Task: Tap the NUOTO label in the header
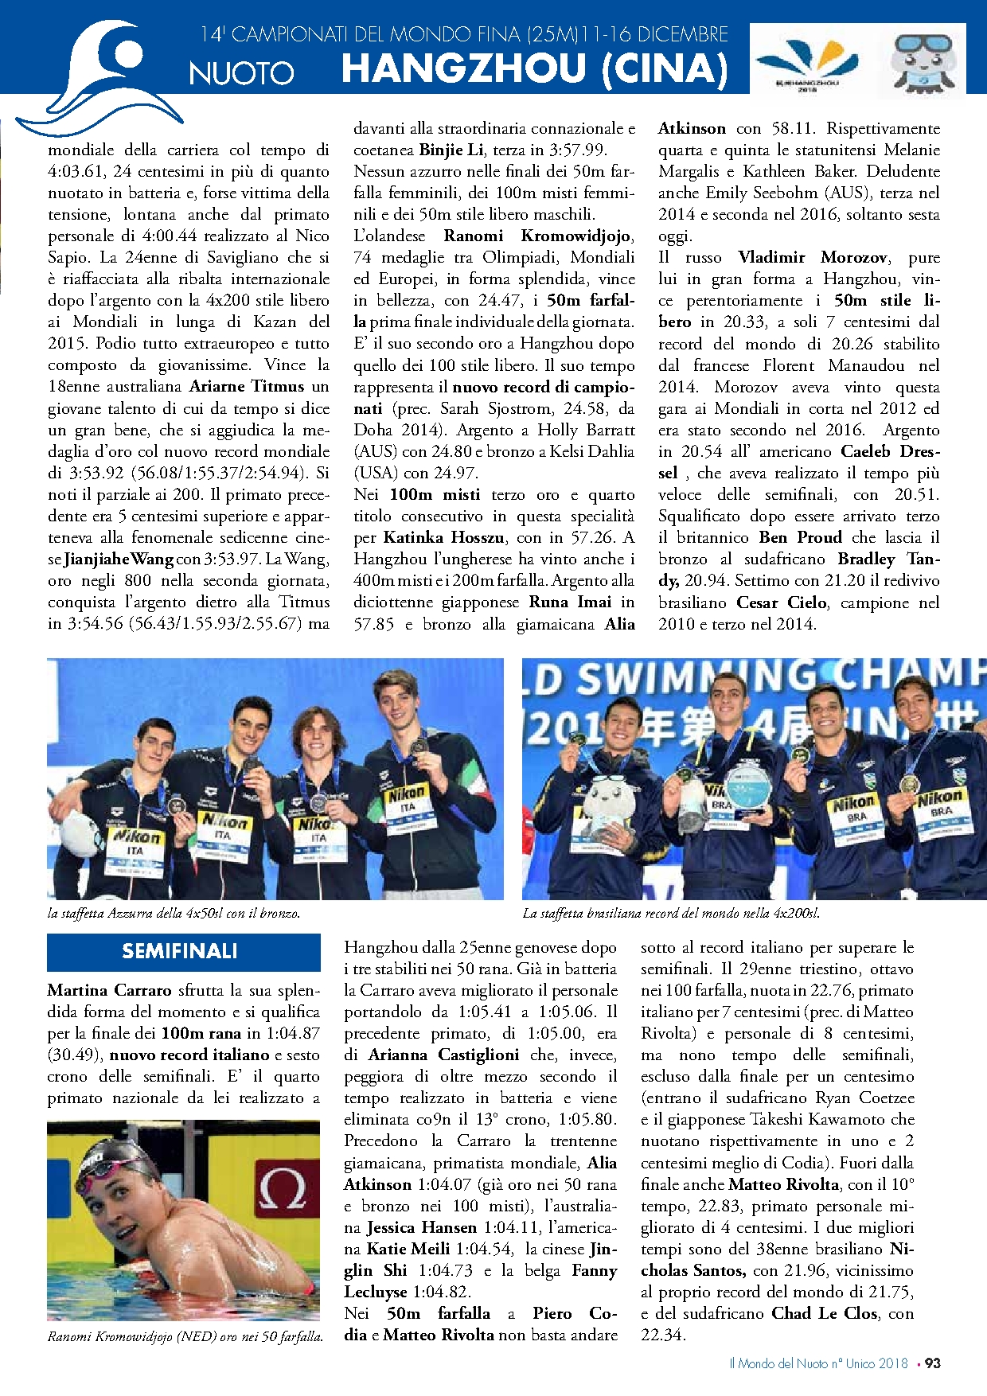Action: [x=241, y=73]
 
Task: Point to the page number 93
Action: [x=932, y=1363]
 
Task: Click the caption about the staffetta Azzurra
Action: [x=174, y=914]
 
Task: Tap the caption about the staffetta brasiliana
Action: [x=670, y=914]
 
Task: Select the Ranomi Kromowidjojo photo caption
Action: [x=185, y=1336]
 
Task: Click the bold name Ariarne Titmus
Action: [x=247, y=387]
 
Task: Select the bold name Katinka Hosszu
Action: [x=443, y=538]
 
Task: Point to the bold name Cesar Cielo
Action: [x=781, y=602]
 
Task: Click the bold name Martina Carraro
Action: [x=109, y=991]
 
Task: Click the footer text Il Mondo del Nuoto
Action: [x=817, y=1363]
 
